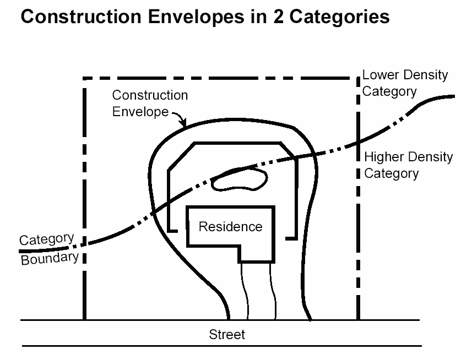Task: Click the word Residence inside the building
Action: tap(230, 226)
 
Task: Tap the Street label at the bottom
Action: tap(227, 334)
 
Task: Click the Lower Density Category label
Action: tap(405, 83)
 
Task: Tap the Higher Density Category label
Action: tap(408, 165)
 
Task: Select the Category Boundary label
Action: tap(48, 249)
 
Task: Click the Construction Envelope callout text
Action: tap(149, 103)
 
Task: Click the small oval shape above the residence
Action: tap(240, 180)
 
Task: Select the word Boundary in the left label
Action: tap(50, 258)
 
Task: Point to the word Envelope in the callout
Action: tap(140, 111)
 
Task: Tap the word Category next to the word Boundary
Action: tap(46, 241)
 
